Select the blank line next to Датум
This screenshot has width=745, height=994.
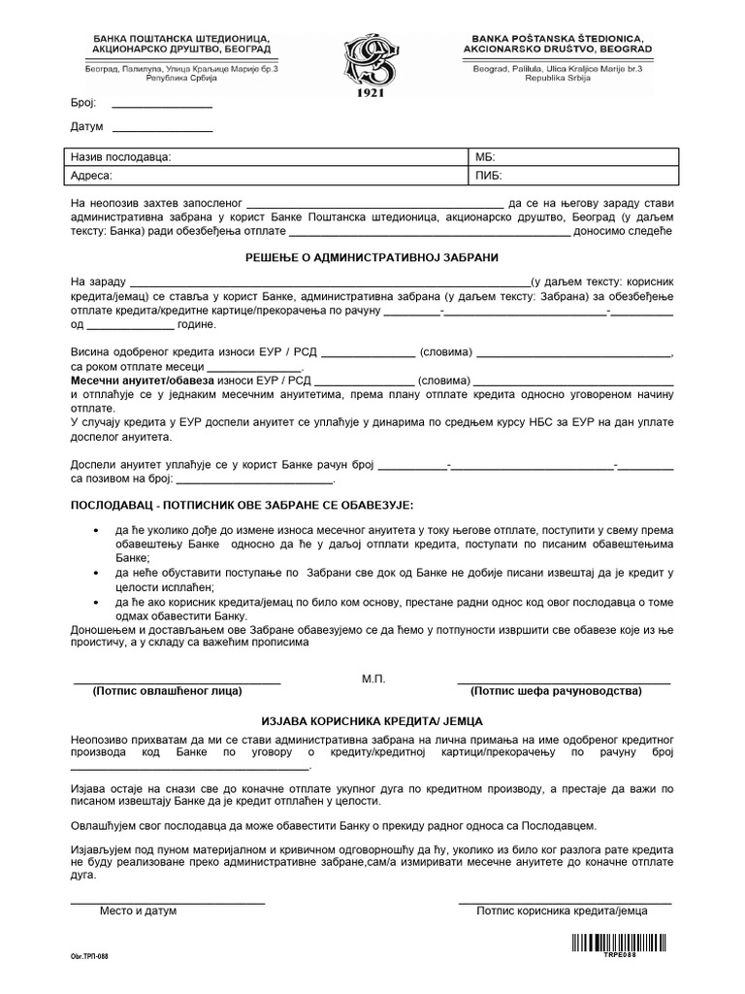162,130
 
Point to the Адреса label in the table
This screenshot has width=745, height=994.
92,177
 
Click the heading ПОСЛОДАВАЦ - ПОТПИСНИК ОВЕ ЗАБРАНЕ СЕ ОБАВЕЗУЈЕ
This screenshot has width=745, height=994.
243,506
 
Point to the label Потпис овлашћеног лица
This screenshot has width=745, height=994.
167,692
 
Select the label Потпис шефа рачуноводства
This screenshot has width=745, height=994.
556,692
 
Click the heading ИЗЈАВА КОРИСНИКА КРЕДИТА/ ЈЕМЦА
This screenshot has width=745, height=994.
372,722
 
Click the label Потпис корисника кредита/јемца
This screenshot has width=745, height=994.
562,911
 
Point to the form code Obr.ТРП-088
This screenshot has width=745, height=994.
89,956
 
